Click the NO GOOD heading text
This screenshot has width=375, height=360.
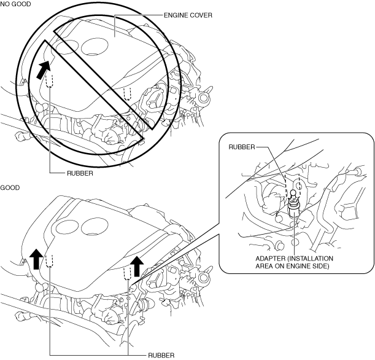tap(15, 4)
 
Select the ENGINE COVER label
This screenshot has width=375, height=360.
tap(188, 15)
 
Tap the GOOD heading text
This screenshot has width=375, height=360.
tap(10, 187)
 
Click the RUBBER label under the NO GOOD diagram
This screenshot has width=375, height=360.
tap(80, 173)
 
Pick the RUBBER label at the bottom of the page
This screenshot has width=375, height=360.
tap(161, 356)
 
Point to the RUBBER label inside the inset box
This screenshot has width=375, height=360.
tap(242, 147)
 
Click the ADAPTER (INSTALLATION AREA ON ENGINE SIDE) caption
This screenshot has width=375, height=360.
tap(294, 262)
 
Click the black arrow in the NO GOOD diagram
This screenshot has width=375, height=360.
tap(44, 69)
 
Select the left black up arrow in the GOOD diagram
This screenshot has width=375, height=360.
tap(36, 259)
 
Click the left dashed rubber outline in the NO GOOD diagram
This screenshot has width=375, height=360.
tap(49, 80)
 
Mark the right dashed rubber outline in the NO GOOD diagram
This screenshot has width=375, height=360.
tap(128, 93)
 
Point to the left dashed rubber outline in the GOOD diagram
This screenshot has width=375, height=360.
tap(49, 261)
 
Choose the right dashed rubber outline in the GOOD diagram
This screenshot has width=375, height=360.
tap(128, 273)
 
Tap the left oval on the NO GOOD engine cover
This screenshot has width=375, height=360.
tap(66, 47)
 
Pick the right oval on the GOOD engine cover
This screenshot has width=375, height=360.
tap(95, 226)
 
